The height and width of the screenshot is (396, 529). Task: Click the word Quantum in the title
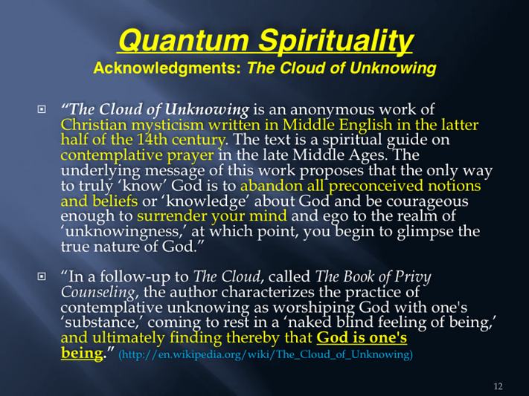click(184, 41)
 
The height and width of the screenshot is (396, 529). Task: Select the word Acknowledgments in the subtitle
click(167, 68)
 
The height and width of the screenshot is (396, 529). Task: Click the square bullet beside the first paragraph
click(42, 109)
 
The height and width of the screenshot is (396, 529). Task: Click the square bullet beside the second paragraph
click(42, 276)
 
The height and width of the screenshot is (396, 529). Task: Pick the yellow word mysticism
click(167, 126)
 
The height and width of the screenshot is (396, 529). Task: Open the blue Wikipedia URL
click(266, 354)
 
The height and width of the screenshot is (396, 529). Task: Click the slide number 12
click(498, 386)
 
